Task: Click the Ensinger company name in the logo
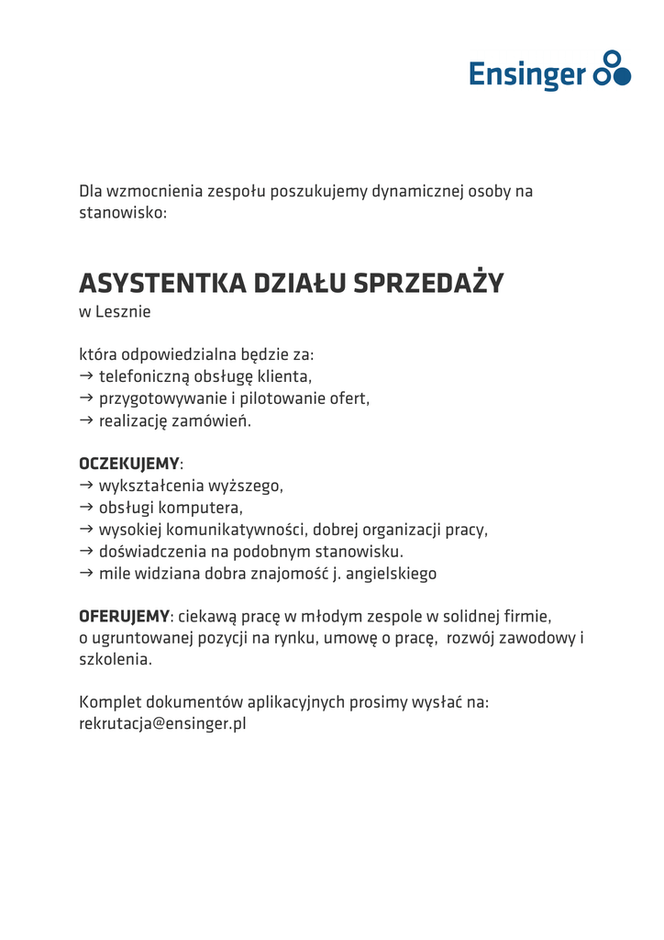(526, 73)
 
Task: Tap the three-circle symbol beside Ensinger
(612, 69)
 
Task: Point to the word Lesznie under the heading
(123, 311)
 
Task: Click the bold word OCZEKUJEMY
(129, 463)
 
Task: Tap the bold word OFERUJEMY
(125, 615)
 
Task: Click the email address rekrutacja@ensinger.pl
(162, 723)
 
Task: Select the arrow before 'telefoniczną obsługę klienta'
(86, 375)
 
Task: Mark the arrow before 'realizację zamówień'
(86, 420)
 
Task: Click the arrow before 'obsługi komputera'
(86, 507)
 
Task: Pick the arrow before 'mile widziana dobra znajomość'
(86, 573)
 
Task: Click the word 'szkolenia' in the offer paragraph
(114, 659)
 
